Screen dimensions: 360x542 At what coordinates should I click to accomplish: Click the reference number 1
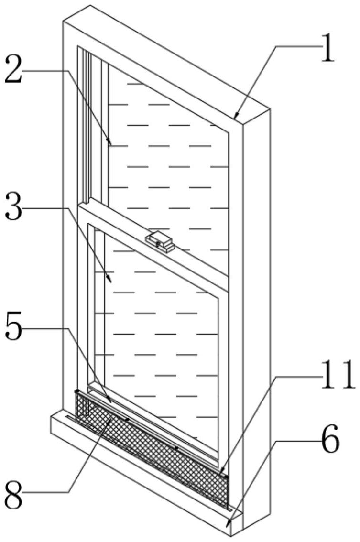pos(327,48)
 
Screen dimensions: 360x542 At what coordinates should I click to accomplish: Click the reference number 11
pos(338,374)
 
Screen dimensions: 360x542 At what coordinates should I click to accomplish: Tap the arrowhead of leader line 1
pos(236,116)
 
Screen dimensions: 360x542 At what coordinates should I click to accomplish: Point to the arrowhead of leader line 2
pos(110,143)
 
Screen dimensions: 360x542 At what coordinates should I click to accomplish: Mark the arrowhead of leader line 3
pos(110,280)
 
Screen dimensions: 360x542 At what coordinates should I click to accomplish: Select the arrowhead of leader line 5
pos(110,401)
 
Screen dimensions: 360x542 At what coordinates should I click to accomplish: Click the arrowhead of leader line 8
pos(109,419)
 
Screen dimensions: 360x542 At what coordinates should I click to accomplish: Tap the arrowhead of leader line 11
pos(221,471)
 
